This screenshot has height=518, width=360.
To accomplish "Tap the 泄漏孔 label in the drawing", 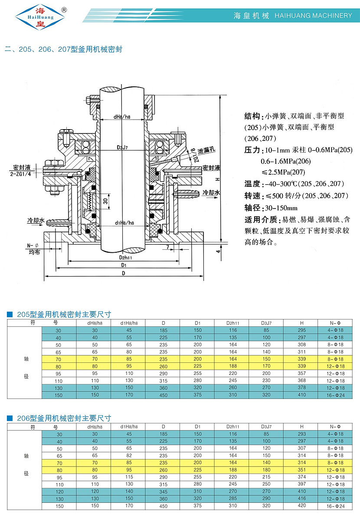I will click(x=207, y=150).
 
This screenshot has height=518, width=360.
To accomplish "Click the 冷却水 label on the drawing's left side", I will click(x=36, y=221).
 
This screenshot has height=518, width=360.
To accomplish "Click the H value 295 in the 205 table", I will click(x=302, y=330).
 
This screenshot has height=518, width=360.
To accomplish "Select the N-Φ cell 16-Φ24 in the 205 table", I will click(x=336, y=395).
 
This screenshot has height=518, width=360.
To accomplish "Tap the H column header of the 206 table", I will click(x=302, y=427).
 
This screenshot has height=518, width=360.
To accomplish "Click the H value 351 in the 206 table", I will click(x=302, y=470).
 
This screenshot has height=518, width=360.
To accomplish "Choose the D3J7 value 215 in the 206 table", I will click(x=266, y=477).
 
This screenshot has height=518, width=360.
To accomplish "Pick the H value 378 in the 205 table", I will click(x=302, y=388).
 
